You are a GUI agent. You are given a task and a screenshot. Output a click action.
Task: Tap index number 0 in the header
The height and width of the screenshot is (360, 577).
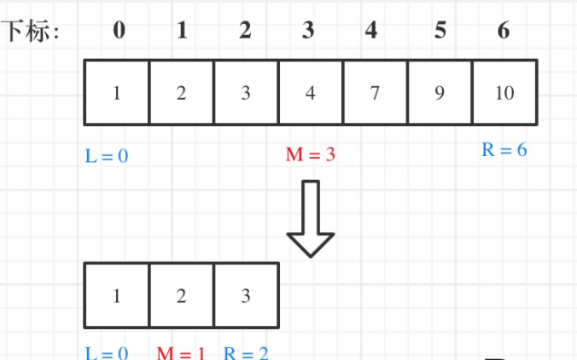(x=119, y=31)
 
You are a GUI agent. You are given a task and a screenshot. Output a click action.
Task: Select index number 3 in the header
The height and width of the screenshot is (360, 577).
(x=308, y=31)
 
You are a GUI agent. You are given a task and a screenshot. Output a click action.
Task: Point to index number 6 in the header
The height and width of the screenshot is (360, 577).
(x=503, y=31)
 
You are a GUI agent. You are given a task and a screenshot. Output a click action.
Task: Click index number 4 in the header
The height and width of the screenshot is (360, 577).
(x=371, y=31)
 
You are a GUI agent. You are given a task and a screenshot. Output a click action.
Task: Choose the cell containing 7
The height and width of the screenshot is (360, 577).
(x=375, y=92)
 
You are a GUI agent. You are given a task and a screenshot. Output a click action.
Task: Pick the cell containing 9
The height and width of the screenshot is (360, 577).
(x=440, y=92)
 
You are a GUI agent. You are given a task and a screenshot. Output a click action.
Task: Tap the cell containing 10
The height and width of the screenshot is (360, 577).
(x=504, y=92)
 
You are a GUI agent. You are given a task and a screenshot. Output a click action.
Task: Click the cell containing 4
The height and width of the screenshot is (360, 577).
(x=311, y=92)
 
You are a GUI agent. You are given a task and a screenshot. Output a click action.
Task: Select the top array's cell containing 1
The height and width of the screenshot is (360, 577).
(x=117, y=92)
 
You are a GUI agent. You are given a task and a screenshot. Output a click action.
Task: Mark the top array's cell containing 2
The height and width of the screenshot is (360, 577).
(x=181, y=92)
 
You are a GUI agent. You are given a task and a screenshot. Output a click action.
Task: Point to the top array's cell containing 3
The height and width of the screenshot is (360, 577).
(x=246, y=92)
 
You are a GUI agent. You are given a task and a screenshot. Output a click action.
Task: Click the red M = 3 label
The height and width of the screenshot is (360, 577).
(x=310, y=154)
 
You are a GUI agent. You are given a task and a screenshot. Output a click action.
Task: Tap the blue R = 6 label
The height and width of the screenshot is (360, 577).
(x=504, y=150)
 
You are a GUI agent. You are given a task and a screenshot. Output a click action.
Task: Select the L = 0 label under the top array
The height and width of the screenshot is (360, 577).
(x=107, y=155)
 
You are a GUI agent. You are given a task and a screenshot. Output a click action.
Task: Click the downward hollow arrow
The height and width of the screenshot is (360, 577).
(x=310, y=218)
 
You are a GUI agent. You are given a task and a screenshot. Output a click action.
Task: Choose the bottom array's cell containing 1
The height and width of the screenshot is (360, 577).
(x=117, y=295)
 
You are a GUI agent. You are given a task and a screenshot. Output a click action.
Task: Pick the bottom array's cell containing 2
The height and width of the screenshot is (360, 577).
(x=181, y=295)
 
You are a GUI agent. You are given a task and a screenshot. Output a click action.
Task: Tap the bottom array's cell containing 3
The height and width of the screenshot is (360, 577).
(x=246, y=295)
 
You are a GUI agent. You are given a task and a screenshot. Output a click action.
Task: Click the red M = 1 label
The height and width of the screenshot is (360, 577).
(x=182, y=352)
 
